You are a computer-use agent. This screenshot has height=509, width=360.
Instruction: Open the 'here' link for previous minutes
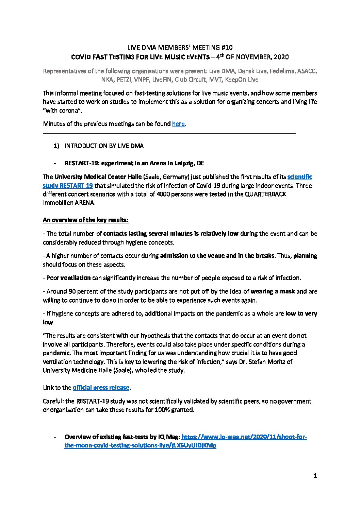tap(178, 124)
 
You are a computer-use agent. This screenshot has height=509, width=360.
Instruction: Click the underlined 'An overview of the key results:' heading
tap(85, 220)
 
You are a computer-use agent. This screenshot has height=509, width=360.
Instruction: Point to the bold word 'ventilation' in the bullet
tap(76, 278)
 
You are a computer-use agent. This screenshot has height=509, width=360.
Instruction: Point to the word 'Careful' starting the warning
tap(53, 401)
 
